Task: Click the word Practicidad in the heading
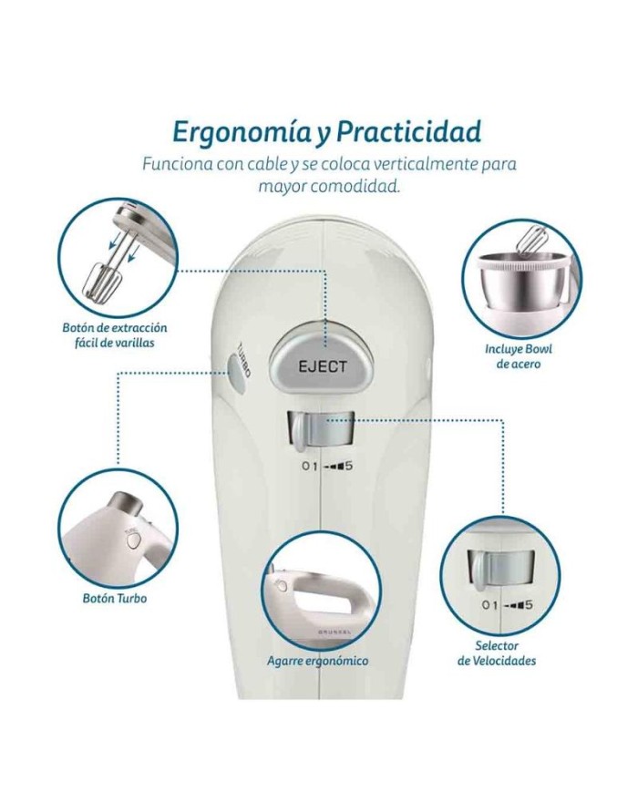point(408,132)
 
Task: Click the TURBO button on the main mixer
point(237,374)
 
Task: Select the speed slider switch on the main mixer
point(320,430)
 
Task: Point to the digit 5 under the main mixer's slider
point(347,466)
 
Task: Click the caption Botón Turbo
point(115,598)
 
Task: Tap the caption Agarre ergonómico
point(318,661)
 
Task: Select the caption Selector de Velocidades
point(497,653)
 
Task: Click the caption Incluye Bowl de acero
point(519,356)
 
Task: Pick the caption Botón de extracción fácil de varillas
point(115,334)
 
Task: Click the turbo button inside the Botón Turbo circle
point(133,541)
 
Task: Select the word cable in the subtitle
point(248,165)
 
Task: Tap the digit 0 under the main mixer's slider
point(305,466)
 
